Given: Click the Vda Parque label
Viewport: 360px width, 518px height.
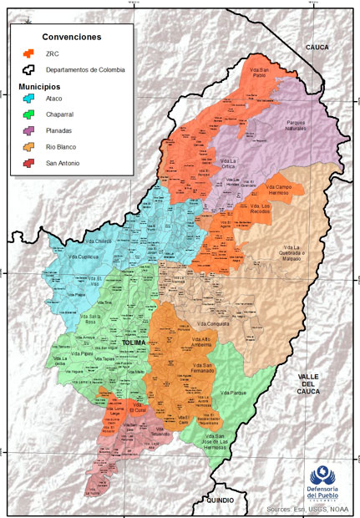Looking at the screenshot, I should coord(232,392).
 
